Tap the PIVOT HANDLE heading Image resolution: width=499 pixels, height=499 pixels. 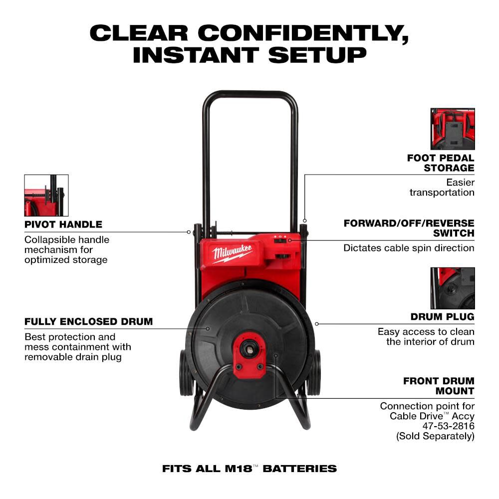coord(63,224)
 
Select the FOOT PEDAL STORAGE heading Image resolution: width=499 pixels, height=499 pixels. coord(441,163)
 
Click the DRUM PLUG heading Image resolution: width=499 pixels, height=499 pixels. coord(442,316)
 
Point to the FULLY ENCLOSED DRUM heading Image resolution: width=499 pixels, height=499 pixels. coord(89,321)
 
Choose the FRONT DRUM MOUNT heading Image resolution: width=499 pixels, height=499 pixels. coord(439,386)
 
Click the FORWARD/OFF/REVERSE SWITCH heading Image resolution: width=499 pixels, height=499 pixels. coord(409,228)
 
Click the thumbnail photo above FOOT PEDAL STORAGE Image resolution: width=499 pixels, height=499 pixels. coord(453,129)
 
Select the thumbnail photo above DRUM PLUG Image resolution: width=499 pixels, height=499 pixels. coord(453,288)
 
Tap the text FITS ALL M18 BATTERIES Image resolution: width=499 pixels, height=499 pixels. coord(249,469)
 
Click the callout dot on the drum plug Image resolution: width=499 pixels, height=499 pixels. coord(316,323)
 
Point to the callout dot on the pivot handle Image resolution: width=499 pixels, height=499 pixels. coord(189,232)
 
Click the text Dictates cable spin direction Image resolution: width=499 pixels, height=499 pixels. coord(409,248)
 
